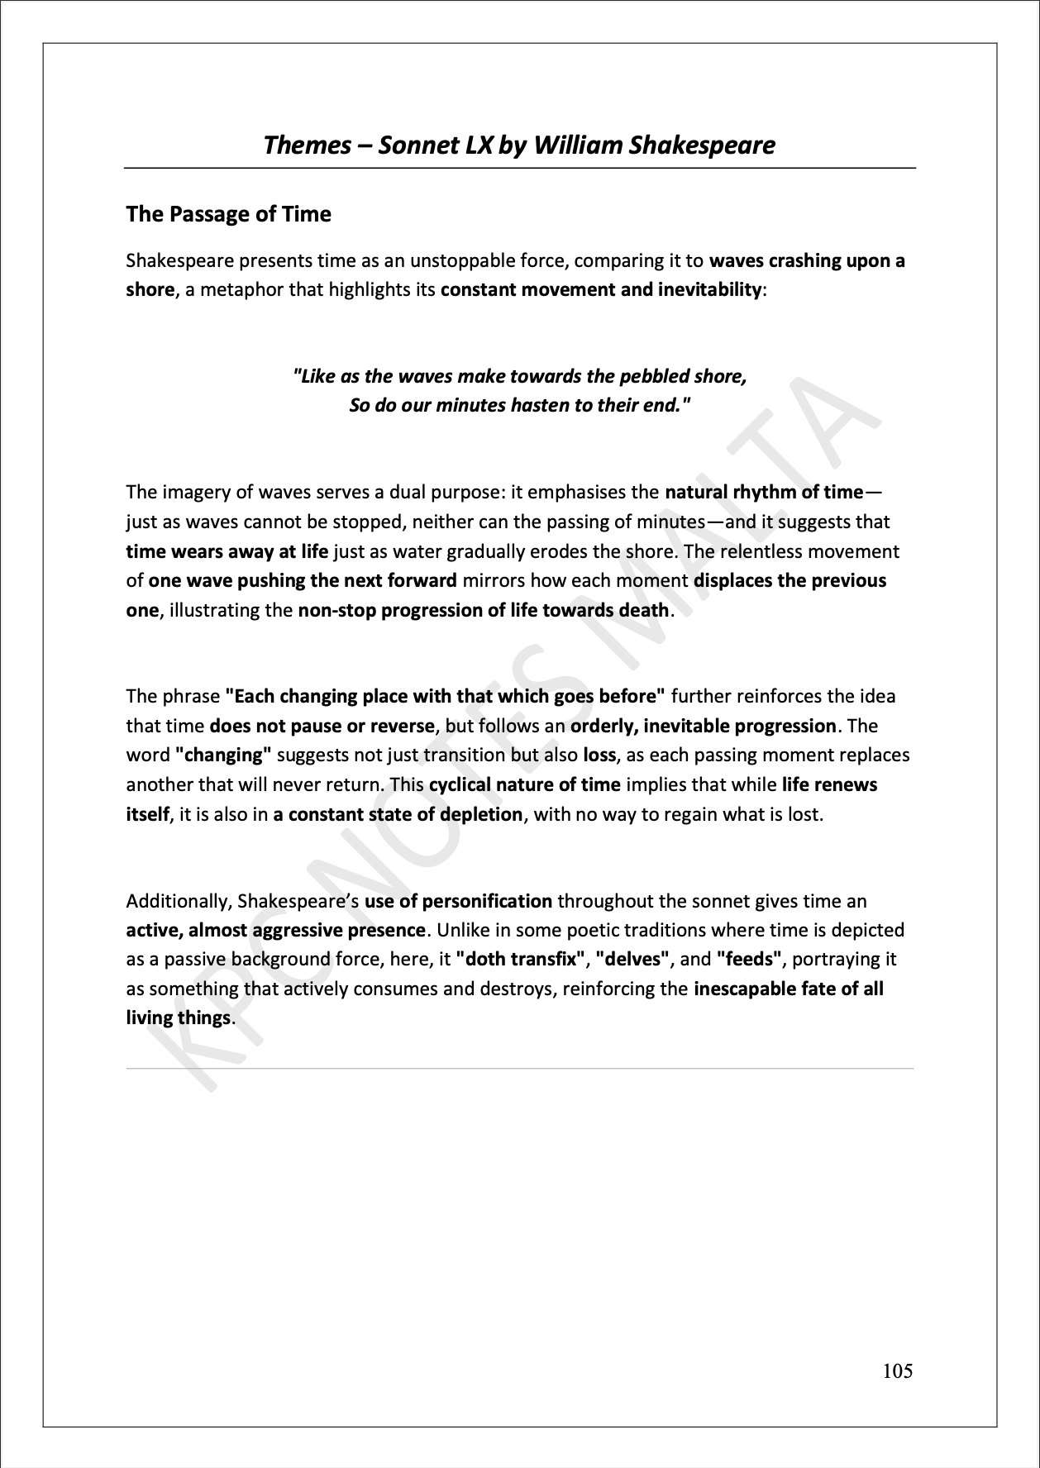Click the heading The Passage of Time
tap(228, 214)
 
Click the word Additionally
tap(179, 901)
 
